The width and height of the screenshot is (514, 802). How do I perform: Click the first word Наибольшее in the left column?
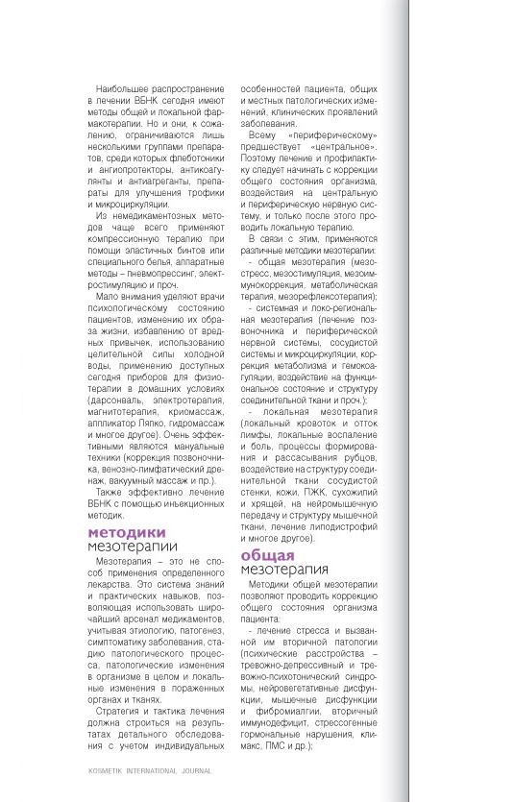116,87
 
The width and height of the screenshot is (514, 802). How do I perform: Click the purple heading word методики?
127,532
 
